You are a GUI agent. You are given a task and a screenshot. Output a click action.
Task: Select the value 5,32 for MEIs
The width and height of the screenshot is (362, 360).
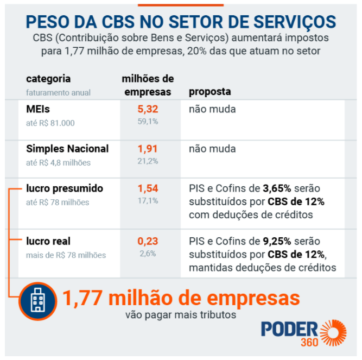click(147, 110)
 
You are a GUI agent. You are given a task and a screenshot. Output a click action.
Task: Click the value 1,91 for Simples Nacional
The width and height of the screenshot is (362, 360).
click(147, 149)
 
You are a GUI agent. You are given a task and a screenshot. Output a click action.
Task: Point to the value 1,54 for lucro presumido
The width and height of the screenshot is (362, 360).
click(147, 189)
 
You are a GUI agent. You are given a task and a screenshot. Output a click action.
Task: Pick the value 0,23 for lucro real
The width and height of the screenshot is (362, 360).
click(147, 241)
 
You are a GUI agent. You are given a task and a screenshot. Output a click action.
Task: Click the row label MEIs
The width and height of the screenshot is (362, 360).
click(38, 110)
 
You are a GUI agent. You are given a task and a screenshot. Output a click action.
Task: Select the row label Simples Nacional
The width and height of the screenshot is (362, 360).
click(67, 149)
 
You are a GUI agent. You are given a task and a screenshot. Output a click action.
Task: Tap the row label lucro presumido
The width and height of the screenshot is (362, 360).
click(65, 189)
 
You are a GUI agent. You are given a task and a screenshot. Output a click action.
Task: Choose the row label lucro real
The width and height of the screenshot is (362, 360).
click(48, 241)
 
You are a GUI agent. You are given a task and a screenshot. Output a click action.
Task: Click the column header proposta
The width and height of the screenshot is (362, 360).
click(209, 92)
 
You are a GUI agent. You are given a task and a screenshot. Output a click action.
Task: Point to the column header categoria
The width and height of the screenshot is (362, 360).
click(48, 79)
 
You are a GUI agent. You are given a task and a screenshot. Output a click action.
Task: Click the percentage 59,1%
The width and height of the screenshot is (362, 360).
click(147, 122)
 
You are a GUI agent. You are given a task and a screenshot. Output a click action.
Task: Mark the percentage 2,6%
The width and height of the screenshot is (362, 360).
click(147, 253)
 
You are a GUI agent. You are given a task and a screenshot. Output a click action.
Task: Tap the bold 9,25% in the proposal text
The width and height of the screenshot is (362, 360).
click(278, 241)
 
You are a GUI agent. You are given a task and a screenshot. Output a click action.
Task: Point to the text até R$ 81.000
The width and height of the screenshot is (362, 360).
click(50, 123)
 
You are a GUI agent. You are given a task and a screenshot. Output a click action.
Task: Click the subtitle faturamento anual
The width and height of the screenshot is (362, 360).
click(58, 92)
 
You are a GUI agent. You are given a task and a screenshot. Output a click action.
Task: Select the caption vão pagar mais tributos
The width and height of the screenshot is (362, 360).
click(181, 315)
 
